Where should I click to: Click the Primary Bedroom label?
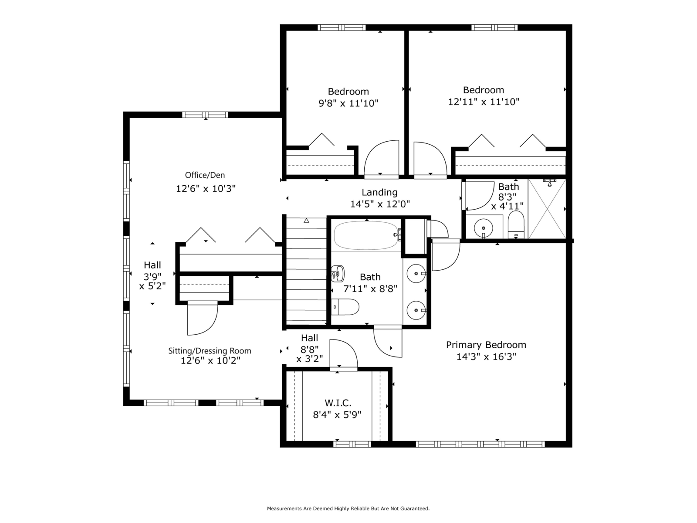(x=486, y=345)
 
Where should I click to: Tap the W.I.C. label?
(x=338, y=403)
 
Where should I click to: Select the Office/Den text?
(x=205, y=175)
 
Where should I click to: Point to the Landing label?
(x=379, y=193)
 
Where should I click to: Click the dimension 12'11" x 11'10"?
(x=484, y=102)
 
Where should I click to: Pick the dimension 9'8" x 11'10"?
(x=348, y=103)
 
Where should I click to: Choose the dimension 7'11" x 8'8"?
(x=370, y=289)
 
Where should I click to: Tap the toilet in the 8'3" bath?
(x=516, y=225)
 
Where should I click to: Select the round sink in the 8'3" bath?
(x=483, y=228)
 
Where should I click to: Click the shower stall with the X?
(x=547, y=209)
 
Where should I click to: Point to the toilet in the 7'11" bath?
(x=345, y=307)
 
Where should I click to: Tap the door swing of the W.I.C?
(x=344, y=354)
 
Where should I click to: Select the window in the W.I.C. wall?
(x=352, y=444)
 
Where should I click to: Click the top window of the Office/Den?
(x=205, y=115)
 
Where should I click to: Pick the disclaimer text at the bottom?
(x=348, y=508)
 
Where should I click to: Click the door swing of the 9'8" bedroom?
(x=381, y=158)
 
